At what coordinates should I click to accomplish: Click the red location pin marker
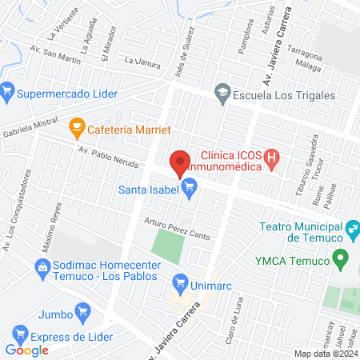point(180,162)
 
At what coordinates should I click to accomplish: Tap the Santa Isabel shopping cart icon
point(190,190)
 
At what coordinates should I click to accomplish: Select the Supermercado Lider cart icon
point(7,94)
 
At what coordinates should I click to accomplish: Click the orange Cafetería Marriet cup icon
point(77,126)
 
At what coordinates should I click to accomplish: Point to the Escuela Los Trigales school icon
point(221,94)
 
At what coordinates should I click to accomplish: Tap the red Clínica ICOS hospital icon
point(272,158)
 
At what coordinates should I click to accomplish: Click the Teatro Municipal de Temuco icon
point(350,232)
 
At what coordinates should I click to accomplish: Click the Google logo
point(27,350)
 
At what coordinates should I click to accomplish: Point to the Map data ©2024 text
point(325,354)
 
